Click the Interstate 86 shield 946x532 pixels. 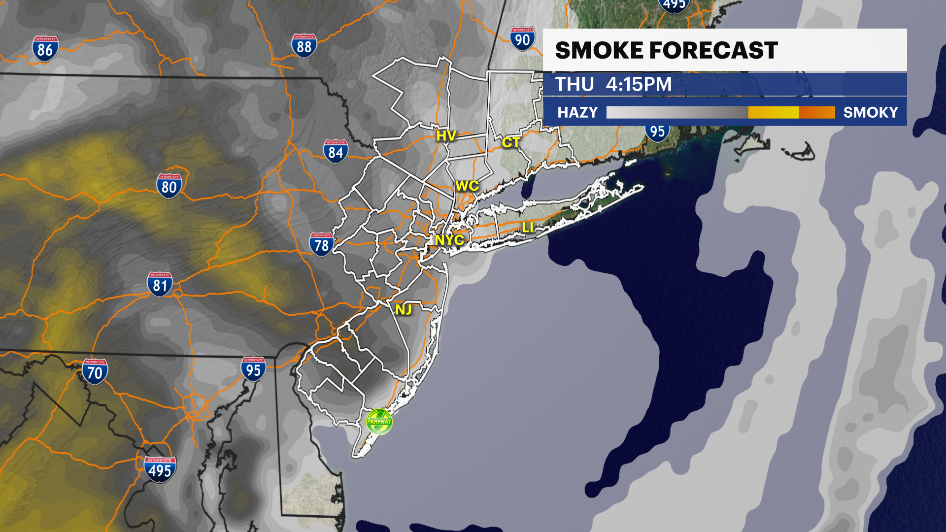click(x=45, y=49)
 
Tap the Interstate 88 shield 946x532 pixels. click(x=304, y=46)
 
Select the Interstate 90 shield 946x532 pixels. click(x=522, y=39)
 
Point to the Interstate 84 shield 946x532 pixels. click(x=336, y=152)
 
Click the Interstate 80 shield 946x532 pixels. click(x=169, y=186)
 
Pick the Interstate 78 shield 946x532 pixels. click(x=321, y=244)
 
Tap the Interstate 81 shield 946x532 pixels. click(x=160, y=285)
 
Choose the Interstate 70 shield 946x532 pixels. click(x=95, y=372)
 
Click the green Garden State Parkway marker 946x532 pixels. click(x=379, y=422)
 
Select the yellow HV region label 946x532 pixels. click(x=446, y=136)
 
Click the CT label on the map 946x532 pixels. click(x=511, y=143)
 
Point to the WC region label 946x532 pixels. click(x=467, y=186)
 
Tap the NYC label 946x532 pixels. click(x=449, y=240)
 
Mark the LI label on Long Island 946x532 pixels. click(x=528, y=228)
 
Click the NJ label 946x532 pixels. click(x=403, y=310)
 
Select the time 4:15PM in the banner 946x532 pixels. click(x=639, y=85)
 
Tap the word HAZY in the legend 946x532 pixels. click(x=577, y=113)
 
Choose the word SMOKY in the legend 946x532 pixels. click(x=870, y=113)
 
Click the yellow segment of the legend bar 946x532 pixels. click(x=773, y=113)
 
